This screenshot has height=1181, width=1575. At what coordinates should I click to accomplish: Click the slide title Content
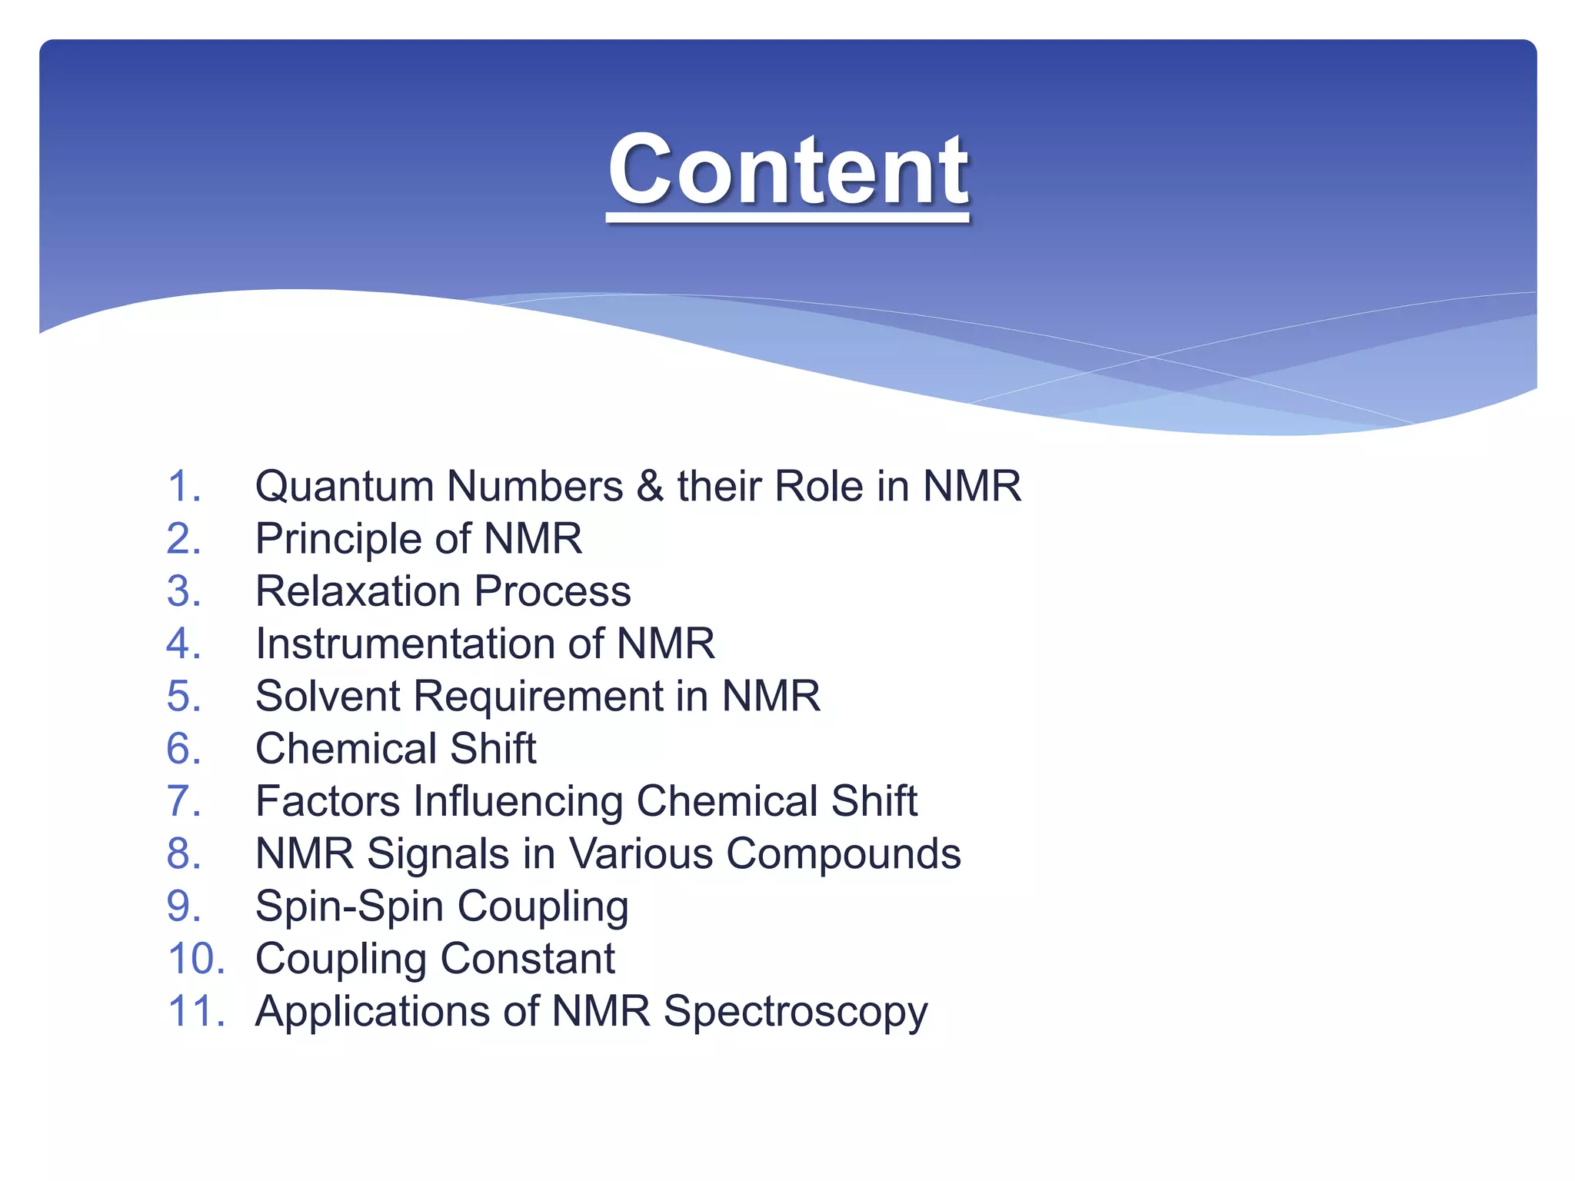point(787,171)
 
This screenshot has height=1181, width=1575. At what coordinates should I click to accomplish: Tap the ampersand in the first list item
point(650,487)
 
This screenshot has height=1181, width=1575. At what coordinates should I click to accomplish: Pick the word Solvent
point(328,696)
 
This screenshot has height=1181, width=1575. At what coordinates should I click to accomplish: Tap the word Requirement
point(538,696)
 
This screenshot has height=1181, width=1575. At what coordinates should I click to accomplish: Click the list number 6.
point(184,748)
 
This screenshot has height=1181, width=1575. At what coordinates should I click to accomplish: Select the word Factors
point(328,801)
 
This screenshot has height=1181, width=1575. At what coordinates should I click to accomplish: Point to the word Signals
point(438,853)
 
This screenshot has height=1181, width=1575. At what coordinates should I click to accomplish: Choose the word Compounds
point(843,853)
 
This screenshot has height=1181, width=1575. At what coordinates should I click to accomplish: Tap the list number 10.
point(196,958)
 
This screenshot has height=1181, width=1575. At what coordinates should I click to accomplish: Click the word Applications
point(373,1011)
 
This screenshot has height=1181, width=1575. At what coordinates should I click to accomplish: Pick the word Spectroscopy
point(795,1011)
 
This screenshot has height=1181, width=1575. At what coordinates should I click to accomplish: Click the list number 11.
point(196,1011)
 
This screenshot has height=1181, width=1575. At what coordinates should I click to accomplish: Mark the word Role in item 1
point(818,487)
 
